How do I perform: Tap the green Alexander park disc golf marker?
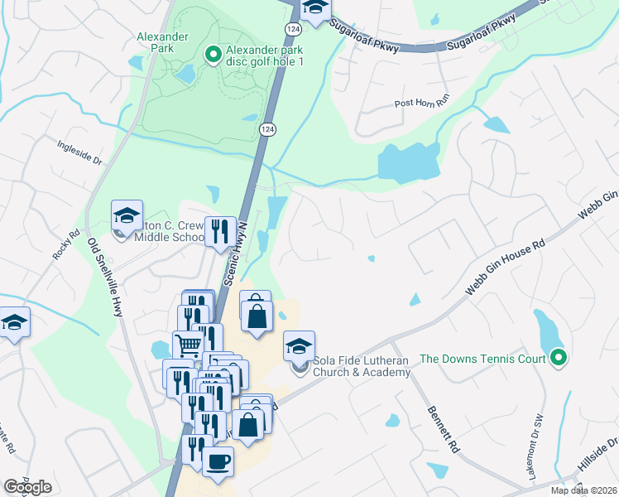(x=213, y=55)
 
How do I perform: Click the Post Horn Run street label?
(x=422, y=103)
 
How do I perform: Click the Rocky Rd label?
(x=65, y=245)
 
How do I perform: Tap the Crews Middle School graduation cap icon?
(x=127, y=217)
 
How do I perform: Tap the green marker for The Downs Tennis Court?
(x=559, y=358)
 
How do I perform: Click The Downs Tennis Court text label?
(x=483, y=359)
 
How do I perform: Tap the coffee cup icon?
(x=218, y=462)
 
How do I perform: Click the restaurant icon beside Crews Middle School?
(x=218, y=231)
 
